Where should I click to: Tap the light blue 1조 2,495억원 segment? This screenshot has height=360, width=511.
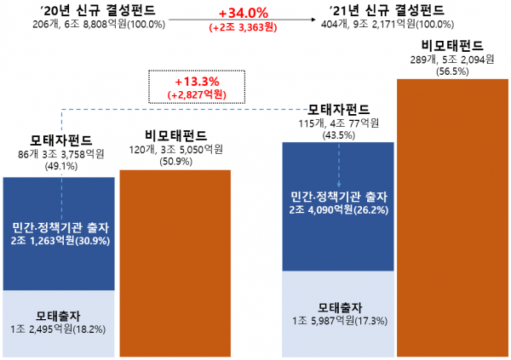pyautogui.click(x=59, y=323)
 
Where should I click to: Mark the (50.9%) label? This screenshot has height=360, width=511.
pyautogui.click(x=173, y=161)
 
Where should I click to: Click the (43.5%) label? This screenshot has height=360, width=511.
pyautogui.click(x=339, y=135)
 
